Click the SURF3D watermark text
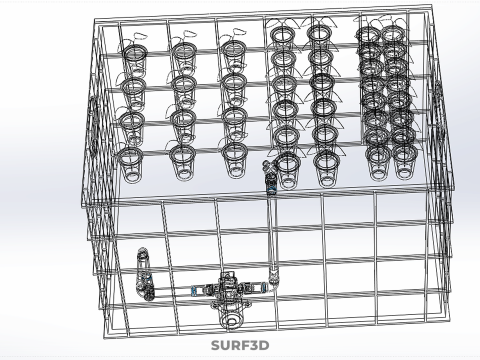pyautogui.click(x=240, y=346)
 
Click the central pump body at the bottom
pyautogui.click(x=233, y=293)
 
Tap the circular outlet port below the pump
pyautogui.click(x=232, y=321)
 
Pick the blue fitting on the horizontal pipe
pyautogui.click(x=194, y=291)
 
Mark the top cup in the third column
pyautogui.click(x=233, y=48)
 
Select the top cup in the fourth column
pyautogui.click(x=281, y=38)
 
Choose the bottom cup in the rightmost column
pyautogui.click(x=405, y=159)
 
